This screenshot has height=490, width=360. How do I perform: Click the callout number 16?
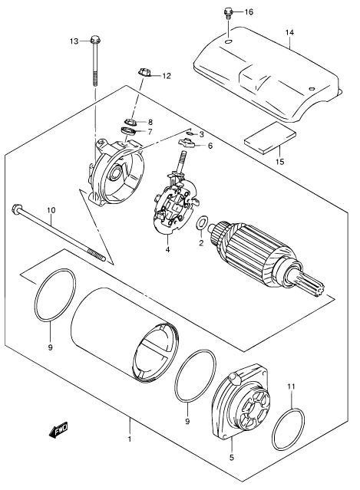(249, 12)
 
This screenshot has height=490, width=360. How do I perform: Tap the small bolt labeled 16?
(228, 15)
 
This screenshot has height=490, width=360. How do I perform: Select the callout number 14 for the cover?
(289, 32)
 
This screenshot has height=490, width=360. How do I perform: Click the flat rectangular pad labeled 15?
(270, 138)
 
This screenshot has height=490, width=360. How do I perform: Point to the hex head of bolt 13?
(94, 41)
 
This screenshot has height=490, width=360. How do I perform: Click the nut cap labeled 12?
(144, 73)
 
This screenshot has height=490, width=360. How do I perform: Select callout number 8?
(150, 122)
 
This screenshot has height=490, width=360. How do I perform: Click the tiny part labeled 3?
(190, 133)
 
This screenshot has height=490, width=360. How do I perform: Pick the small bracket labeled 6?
(187, 143)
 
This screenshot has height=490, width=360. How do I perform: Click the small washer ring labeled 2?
(201, 222)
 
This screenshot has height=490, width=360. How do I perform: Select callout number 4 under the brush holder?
(167, 250)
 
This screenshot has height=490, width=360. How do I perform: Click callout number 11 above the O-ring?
(291, 386)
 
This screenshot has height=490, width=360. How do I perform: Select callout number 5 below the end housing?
(232, 458)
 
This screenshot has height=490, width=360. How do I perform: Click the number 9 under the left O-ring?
(51, 347)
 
